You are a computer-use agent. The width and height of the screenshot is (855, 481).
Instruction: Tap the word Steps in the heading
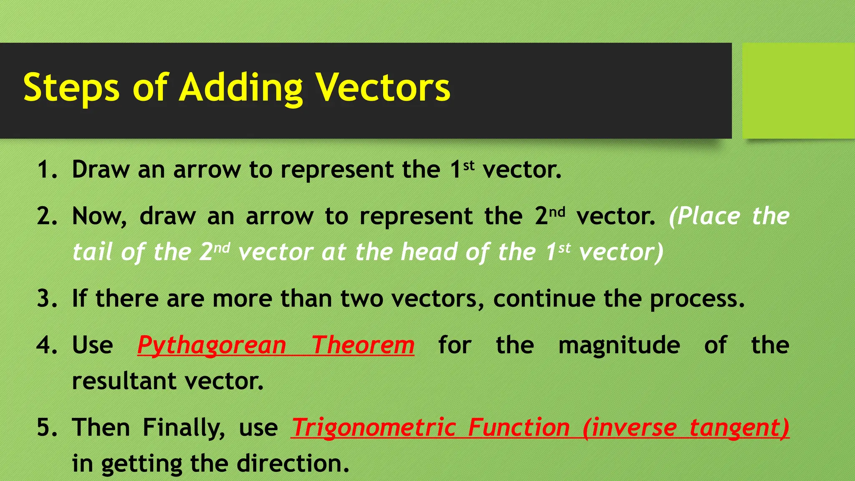tap(71, 88)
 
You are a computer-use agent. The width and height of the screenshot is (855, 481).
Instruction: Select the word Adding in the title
tap(241, 88)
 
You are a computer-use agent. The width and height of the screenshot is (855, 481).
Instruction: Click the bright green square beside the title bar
tap(798, 90)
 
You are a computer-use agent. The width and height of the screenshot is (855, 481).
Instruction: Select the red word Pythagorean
tap(212, 345)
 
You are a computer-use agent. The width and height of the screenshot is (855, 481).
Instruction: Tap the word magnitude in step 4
tap(619, 345)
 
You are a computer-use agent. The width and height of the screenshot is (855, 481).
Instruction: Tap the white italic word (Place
tap(704, 216)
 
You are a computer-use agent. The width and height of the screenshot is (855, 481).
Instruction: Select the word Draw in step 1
tap(101, 170)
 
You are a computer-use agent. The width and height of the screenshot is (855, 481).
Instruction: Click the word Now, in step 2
tap(99, 216)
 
